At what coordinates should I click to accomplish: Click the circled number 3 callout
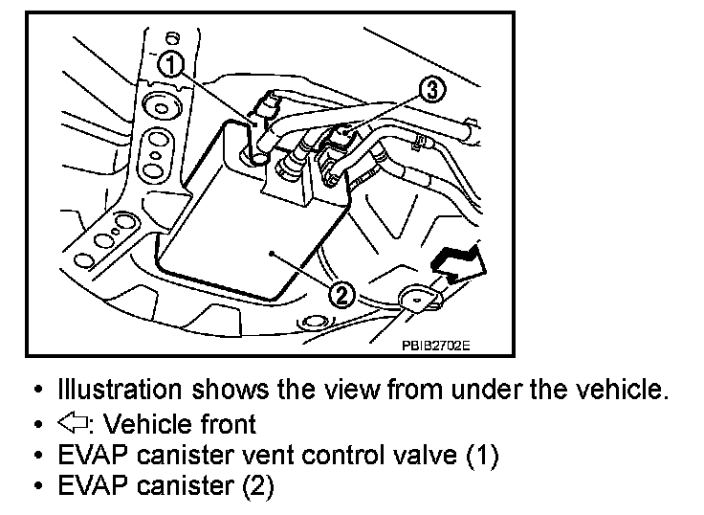coord(431,90)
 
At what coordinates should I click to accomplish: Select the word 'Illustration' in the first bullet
coord(120,390)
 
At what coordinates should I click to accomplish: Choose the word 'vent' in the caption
coord(279,455)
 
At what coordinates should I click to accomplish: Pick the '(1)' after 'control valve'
coord(481,455)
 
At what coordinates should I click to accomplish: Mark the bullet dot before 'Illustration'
coord(37,391)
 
